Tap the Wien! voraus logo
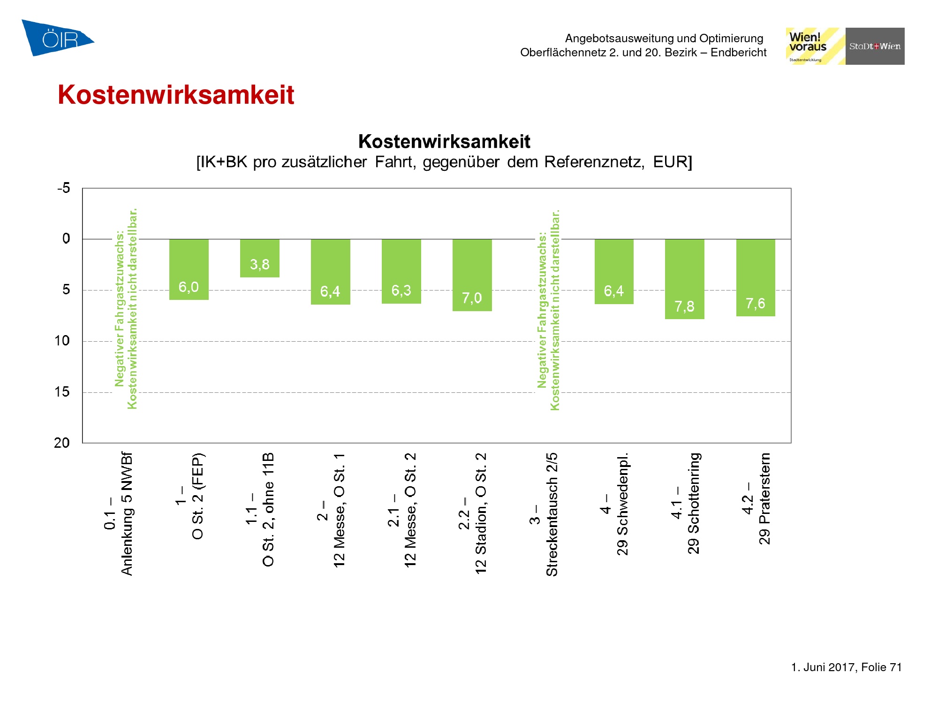point(815,46)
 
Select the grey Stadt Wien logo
point(875,46)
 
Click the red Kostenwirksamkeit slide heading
point(176,95)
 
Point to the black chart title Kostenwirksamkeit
point(444,141)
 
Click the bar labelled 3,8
point(260,258)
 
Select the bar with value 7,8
point(684,279)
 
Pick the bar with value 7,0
point(472,275)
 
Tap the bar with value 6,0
point(189,269)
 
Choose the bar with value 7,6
point(755,277)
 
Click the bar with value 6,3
point(401,271)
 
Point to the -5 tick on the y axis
point(63,188)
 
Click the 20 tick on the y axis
point(62,443)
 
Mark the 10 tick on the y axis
point(62,341)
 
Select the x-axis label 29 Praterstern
point(764,498)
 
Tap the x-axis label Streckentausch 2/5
point(552,514)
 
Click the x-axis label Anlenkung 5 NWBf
point(127,514)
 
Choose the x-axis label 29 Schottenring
point(694,503)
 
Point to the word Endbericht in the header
point(738,52)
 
